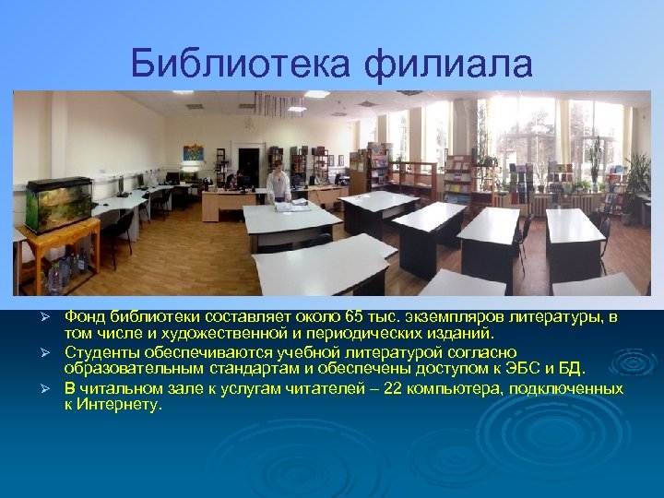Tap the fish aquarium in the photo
58,203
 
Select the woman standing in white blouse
277,184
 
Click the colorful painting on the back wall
193,153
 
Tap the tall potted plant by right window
636,180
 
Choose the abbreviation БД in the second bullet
572,369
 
